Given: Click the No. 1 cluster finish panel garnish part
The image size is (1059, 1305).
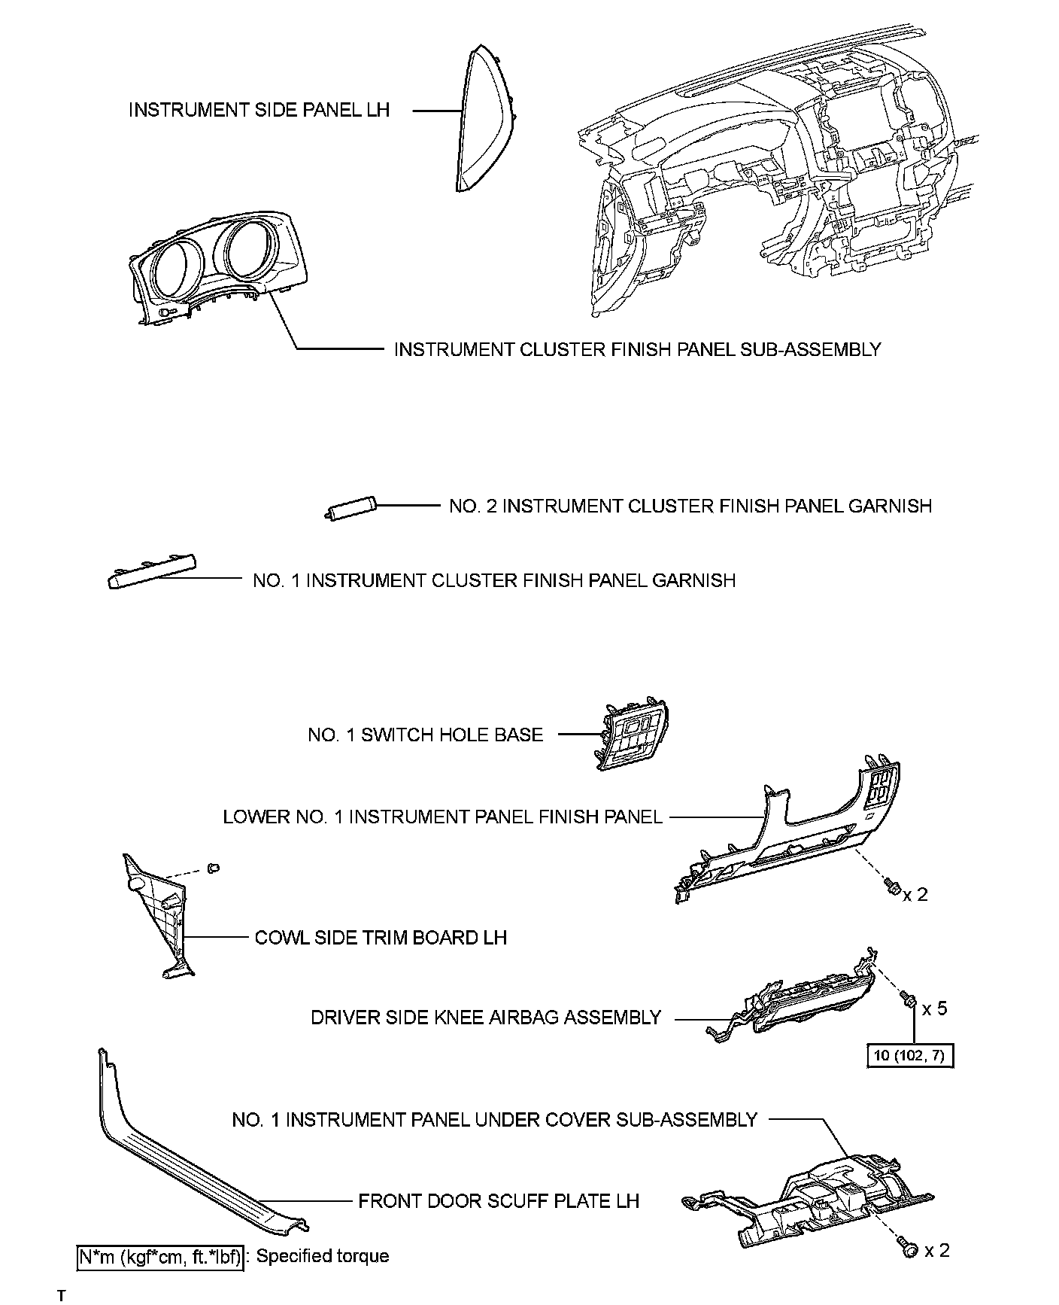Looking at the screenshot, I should coord(153,571).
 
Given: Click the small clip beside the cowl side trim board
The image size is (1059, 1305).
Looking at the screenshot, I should coord(214,868).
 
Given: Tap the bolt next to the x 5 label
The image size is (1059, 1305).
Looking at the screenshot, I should coord(908,998).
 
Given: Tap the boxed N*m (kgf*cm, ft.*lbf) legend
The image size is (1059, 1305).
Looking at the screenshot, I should coord(160,1256).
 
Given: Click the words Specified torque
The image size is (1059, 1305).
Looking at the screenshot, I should coord(323,1256).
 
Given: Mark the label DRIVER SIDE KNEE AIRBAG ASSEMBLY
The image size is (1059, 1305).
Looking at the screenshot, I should coord(485,1018).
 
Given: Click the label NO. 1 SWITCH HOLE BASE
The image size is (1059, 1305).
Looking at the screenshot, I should coord(425,735).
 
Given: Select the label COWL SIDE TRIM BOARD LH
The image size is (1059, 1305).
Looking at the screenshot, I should coord(381,938).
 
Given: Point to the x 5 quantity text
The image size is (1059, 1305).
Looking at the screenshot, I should coord(934,1008).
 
